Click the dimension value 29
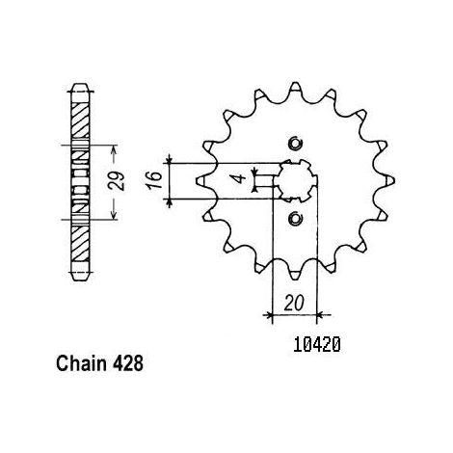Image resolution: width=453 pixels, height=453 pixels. tap(117, 181)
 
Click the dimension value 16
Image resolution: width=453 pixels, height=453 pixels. tap(156, 180)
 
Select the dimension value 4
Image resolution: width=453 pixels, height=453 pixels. tap(240, 178)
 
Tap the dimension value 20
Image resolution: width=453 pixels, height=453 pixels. tap(294, 303)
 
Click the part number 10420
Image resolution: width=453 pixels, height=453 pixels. tap(317, 345)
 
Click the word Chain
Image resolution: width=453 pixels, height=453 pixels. tap(81, 363)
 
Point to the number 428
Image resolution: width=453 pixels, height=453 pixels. tap(128, 363)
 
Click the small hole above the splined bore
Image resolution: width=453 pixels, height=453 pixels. tap(296, 144)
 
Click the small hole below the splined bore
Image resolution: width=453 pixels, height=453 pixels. tap(296, 219)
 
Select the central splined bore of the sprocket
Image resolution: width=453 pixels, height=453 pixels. tap(296, 181)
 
